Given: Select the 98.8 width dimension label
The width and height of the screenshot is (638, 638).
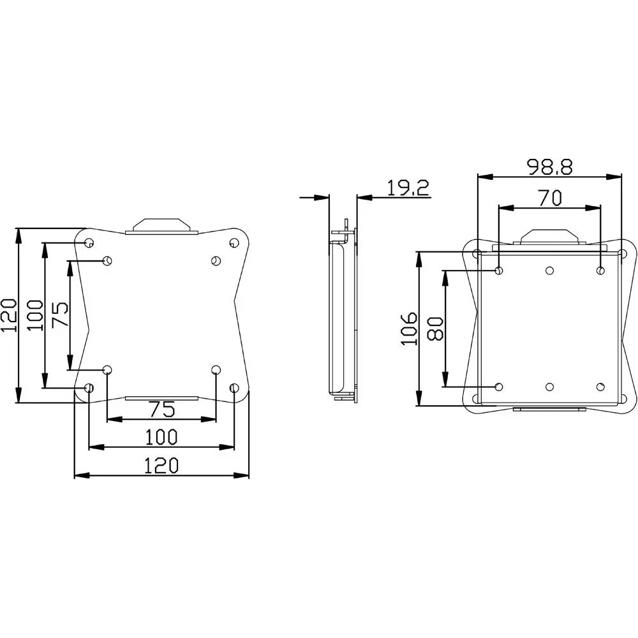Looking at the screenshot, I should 549,167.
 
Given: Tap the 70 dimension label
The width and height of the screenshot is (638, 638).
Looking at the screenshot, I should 549,198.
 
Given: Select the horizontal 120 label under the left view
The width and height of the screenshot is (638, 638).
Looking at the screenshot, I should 161,466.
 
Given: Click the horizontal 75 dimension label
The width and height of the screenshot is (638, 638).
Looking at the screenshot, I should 161,409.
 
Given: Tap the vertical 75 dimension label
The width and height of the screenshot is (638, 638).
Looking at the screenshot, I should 61,315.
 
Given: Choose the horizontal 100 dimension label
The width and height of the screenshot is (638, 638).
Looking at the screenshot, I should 161,437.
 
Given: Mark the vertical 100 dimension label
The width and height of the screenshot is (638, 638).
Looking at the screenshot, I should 36,315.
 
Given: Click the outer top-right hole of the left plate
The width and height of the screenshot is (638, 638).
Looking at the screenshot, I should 234,243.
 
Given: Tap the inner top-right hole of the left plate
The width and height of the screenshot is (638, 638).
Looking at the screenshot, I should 216,260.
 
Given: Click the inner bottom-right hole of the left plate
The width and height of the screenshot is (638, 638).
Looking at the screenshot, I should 216,369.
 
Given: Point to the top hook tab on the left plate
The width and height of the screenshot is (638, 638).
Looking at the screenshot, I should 162,225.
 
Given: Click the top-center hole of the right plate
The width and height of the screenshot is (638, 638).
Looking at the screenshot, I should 549,271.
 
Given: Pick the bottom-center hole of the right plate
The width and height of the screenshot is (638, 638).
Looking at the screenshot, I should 549,387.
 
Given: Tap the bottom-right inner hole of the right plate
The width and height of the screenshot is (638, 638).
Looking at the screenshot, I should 600,387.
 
